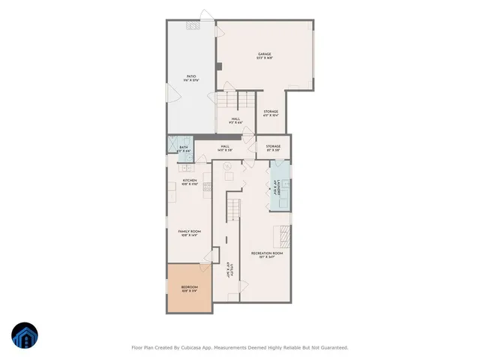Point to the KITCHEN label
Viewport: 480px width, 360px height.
click(189, 181)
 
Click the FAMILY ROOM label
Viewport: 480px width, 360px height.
click(189, 232)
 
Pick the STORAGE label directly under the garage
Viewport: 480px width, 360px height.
click(271, 113)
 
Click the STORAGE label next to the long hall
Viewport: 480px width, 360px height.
click(273, 148)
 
